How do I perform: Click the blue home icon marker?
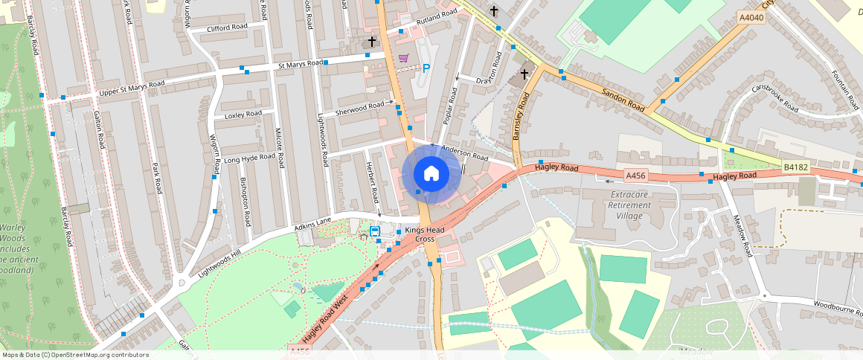pos(431,174)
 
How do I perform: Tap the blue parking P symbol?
pos(426,68)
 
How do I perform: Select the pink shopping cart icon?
pos(403,58)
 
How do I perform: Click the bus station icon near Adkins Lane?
pos(376,231)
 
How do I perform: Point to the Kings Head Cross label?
pos(435,235)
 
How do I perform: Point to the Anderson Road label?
pos(464,152)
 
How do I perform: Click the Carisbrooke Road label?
pos(775,98)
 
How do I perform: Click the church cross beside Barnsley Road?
pos(524,74)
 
